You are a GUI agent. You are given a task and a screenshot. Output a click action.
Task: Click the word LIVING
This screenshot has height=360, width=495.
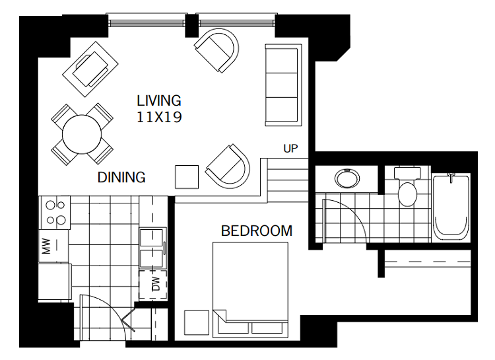[158, 101]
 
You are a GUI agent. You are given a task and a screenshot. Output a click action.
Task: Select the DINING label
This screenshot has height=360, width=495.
[121, 177]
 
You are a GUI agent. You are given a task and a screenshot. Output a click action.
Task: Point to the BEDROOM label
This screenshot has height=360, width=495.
[256, 231]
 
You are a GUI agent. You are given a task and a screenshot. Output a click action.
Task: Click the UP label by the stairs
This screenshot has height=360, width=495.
[290, 148]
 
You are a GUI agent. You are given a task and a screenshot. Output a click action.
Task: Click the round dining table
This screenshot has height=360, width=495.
[82, 135]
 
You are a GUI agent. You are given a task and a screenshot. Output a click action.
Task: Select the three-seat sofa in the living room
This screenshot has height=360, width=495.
[283, 85]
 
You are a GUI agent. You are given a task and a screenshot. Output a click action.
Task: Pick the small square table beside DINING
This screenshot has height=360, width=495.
[186, 176]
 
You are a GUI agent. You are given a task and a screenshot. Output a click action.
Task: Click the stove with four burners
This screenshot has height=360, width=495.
[55, 213]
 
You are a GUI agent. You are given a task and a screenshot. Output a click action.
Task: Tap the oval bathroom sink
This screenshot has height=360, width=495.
[346, 179]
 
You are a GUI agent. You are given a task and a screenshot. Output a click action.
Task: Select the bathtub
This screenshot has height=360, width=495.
[451, 206]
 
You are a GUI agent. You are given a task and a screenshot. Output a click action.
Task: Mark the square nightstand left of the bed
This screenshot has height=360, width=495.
[197, 322]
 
